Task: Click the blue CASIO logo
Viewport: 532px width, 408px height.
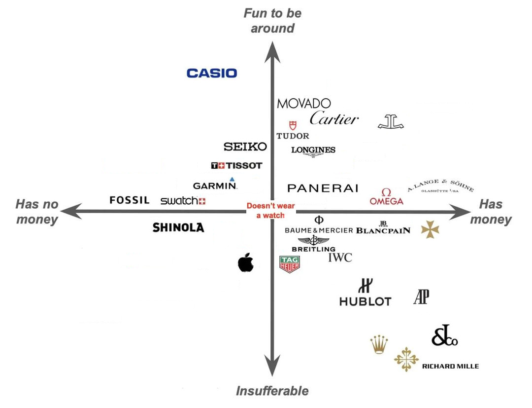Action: click(212, 73)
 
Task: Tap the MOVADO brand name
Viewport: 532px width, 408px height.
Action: click(304, 104)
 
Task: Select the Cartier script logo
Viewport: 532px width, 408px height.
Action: click(334, 119)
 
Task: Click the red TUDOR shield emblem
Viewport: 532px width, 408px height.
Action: click(293, 125)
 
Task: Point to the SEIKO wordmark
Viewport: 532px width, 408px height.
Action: click(245, 147)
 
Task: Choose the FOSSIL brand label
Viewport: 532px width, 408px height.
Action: click(129, 200)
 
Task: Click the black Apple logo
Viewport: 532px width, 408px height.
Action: click(245, 262)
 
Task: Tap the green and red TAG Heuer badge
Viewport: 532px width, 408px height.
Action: click(290, 264)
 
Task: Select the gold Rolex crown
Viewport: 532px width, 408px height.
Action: click(379, 344)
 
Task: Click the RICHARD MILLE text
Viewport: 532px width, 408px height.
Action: click(450, 366)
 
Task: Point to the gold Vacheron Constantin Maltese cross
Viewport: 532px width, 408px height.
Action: click(430, 229)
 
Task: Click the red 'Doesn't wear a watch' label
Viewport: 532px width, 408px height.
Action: click(270, 211)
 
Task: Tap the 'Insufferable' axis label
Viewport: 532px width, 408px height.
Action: click(272, 391)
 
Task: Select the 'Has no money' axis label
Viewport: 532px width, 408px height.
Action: click(37, 212)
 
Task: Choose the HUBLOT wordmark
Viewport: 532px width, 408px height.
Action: click(365, 301)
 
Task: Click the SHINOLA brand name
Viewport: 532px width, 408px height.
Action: click(178, 227)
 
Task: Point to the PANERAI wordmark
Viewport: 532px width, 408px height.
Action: click(323, 188)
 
